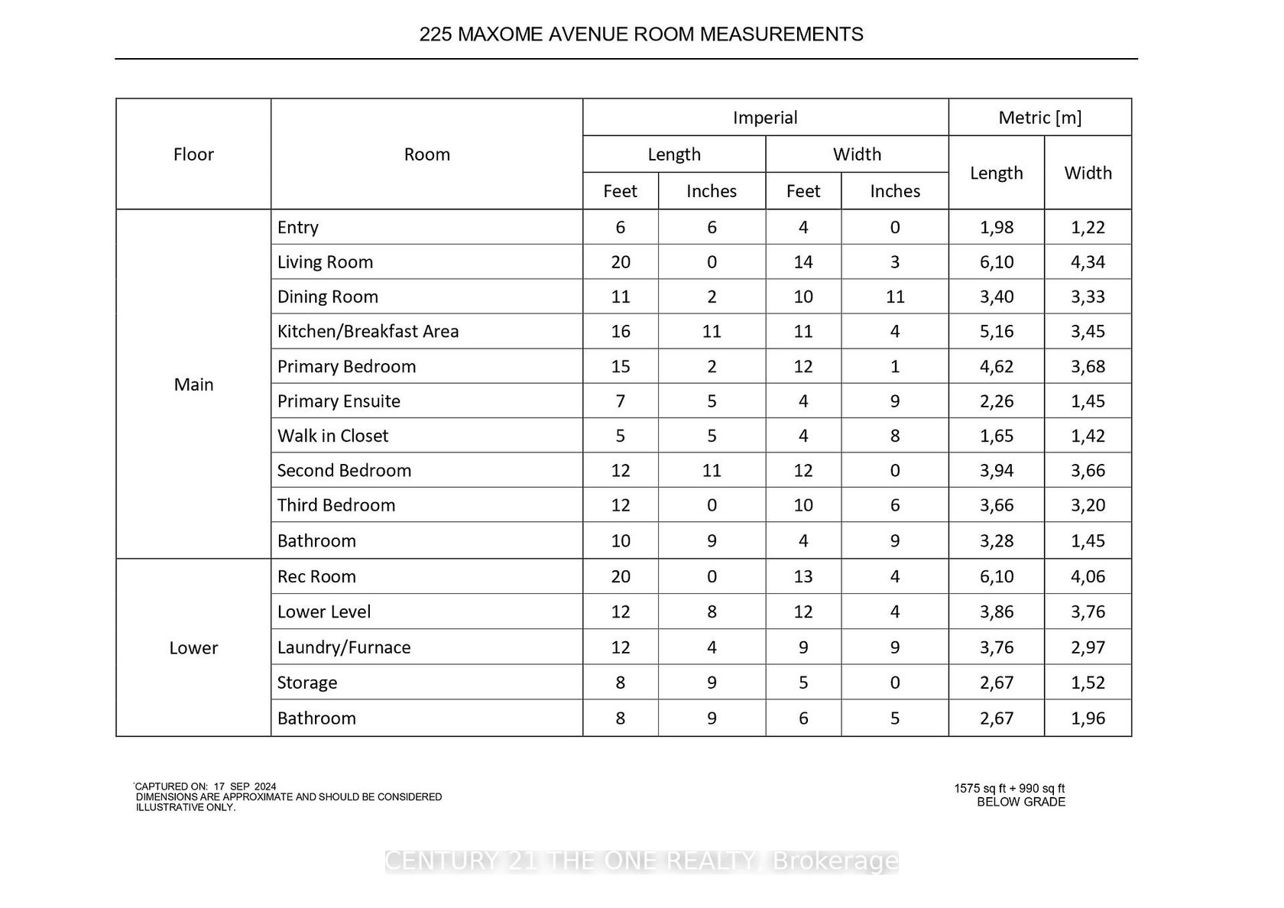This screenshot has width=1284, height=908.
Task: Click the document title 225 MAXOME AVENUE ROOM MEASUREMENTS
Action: pyautogui.click(x=641, y=34)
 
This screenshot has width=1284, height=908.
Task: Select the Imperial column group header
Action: pyautogui.click(x=765, y=118)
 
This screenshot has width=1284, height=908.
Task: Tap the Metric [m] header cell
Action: pyautogui.click(x=1039, y=118)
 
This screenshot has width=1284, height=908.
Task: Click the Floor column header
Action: pyautogui.click(x=193, y=154)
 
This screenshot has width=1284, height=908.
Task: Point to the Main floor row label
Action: pyautogui.click(x=193, y=384)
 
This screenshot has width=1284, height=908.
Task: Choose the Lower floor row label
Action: pyautogui.click(x=193, y=648)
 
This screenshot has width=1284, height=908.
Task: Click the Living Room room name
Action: pyautogui.click(x=325, y=262)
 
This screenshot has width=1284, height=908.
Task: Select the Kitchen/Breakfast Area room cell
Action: pyautogui.click(x=368, y=332)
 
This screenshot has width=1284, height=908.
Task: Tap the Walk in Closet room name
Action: pyautogui.click(x=332, y=436)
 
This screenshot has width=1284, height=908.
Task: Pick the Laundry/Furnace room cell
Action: pyautogui.click(x=343, y=647)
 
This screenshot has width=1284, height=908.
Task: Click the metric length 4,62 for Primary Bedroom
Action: pyautogui.click(x=997, y=367)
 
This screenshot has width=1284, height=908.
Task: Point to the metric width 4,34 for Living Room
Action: pyautogui.click(x=1088, y=262)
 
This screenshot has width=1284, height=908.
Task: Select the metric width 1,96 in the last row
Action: pyautogui.click(x=1088, y=718)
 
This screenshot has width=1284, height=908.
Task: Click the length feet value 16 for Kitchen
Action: pyautogui.click(x=621, y=332)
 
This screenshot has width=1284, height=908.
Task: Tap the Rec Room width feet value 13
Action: pyautogui.click(x=803, y=577)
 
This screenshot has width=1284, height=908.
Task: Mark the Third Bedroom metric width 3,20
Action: pyautogui.click(x=1088, y=505)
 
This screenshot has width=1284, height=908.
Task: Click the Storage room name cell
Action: pyautogui.click(x=306, y=683)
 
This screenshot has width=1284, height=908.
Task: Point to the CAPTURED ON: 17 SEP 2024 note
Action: pyautogui.click(x=206, y=786)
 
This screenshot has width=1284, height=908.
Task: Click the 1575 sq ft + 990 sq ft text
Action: pyautogui.click(x=1009, y=789)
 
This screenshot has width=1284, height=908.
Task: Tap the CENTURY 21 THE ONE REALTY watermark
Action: pyautogui.click(x=641, y=861)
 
